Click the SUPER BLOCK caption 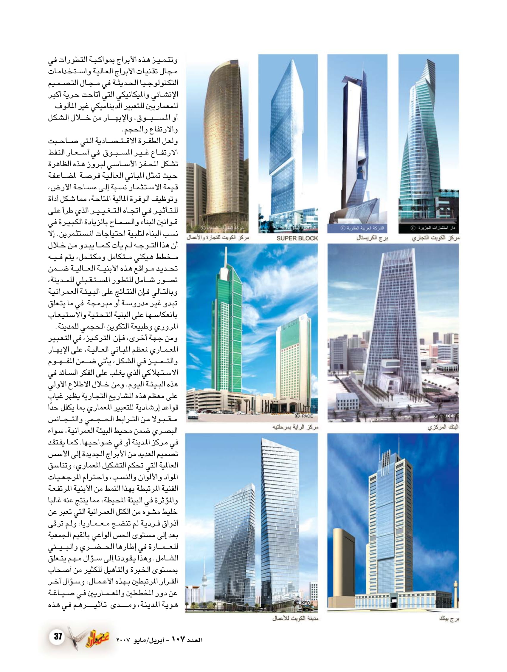pos(297,238)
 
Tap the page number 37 pos(58,636)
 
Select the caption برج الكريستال pos(372,238)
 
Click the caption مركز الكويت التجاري pos(435,238)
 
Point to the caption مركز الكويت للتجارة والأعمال pos(218,238)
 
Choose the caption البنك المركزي pos(443,427)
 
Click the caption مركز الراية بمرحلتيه pos(295,427)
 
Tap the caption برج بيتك pos(449,618)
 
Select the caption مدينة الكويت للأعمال pos(295,618)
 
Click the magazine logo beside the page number pos(91,637)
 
